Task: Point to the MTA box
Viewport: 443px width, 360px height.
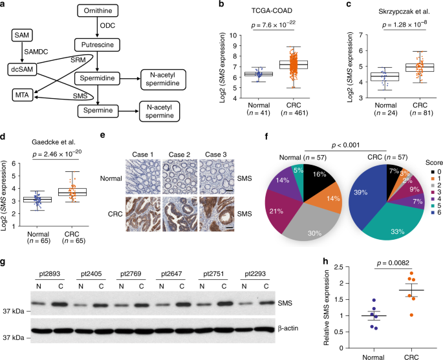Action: pos(21,96)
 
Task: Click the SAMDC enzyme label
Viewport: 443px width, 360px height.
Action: pos(38,50)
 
